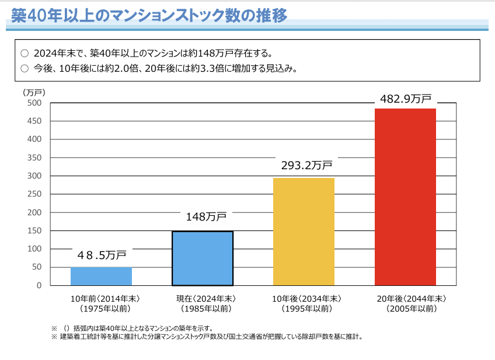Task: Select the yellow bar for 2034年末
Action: coord(304,232)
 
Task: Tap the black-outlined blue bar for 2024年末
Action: coord(203,258)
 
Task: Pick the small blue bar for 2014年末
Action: coord(101,276)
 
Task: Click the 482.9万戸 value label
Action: coord(406,99)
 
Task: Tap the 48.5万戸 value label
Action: coord(102,255)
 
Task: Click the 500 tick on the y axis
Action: coord(34,103)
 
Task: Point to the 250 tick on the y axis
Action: coord(34,194)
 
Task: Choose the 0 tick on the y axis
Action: coord(39,285)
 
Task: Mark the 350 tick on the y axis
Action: coord(34,158)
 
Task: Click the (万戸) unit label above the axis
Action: coord(33,92)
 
